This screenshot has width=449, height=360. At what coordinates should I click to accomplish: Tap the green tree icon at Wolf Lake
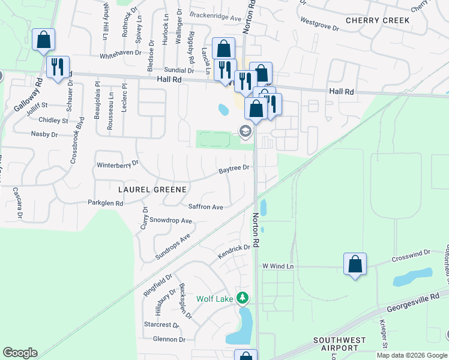coord(243,298)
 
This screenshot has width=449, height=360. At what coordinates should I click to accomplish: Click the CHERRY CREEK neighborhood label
coord(378,20)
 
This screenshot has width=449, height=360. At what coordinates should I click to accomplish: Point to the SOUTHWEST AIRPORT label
coord(339,344)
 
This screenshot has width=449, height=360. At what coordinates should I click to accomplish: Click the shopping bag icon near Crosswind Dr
coord(355,263)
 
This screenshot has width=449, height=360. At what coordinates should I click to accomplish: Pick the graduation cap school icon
coord(245,130)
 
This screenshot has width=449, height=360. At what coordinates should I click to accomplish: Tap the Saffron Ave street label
coord(206,207)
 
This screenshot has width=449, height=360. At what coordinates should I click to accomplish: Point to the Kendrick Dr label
coord(234,251)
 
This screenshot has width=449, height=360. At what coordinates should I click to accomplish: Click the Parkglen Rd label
coord(106,203)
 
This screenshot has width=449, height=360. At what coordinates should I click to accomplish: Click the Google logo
coord(20,353)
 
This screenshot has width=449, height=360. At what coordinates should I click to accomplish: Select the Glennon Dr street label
coord(169,340)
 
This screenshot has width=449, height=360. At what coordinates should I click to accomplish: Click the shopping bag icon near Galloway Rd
coord(43,40)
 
